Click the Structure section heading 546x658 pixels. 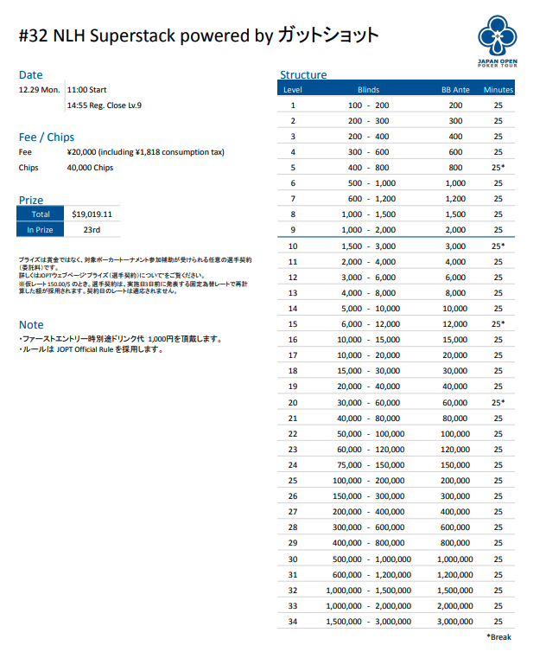tap(303, 75)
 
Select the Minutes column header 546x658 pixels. tap(498, 90)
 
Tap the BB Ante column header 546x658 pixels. tap(455, 90)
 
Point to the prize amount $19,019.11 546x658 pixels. tap(92, 214)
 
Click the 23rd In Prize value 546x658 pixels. tap(92, 230)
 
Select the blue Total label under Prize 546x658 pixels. tap(41, 214)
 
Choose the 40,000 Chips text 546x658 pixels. tap(90, 168)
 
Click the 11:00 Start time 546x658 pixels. tap(86, 90)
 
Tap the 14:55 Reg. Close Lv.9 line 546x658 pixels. tap(104, 105)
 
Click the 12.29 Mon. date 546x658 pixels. tap(39, 90)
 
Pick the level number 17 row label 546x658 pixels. tap(293, 355)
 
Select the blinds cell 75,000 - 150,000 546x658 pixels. tap(369, 465)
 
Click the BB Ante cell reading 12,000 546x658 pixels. tap(455, 324)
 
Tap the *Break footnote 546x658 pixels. tap(500, 637)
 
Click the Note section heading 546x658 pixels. tap(31, 325)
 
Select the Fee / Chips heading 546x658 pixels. tap(47, 137)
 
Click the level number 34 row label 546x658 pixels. tap(293, 622)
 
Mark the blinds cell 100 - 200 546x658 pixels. tap(369, 105)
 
